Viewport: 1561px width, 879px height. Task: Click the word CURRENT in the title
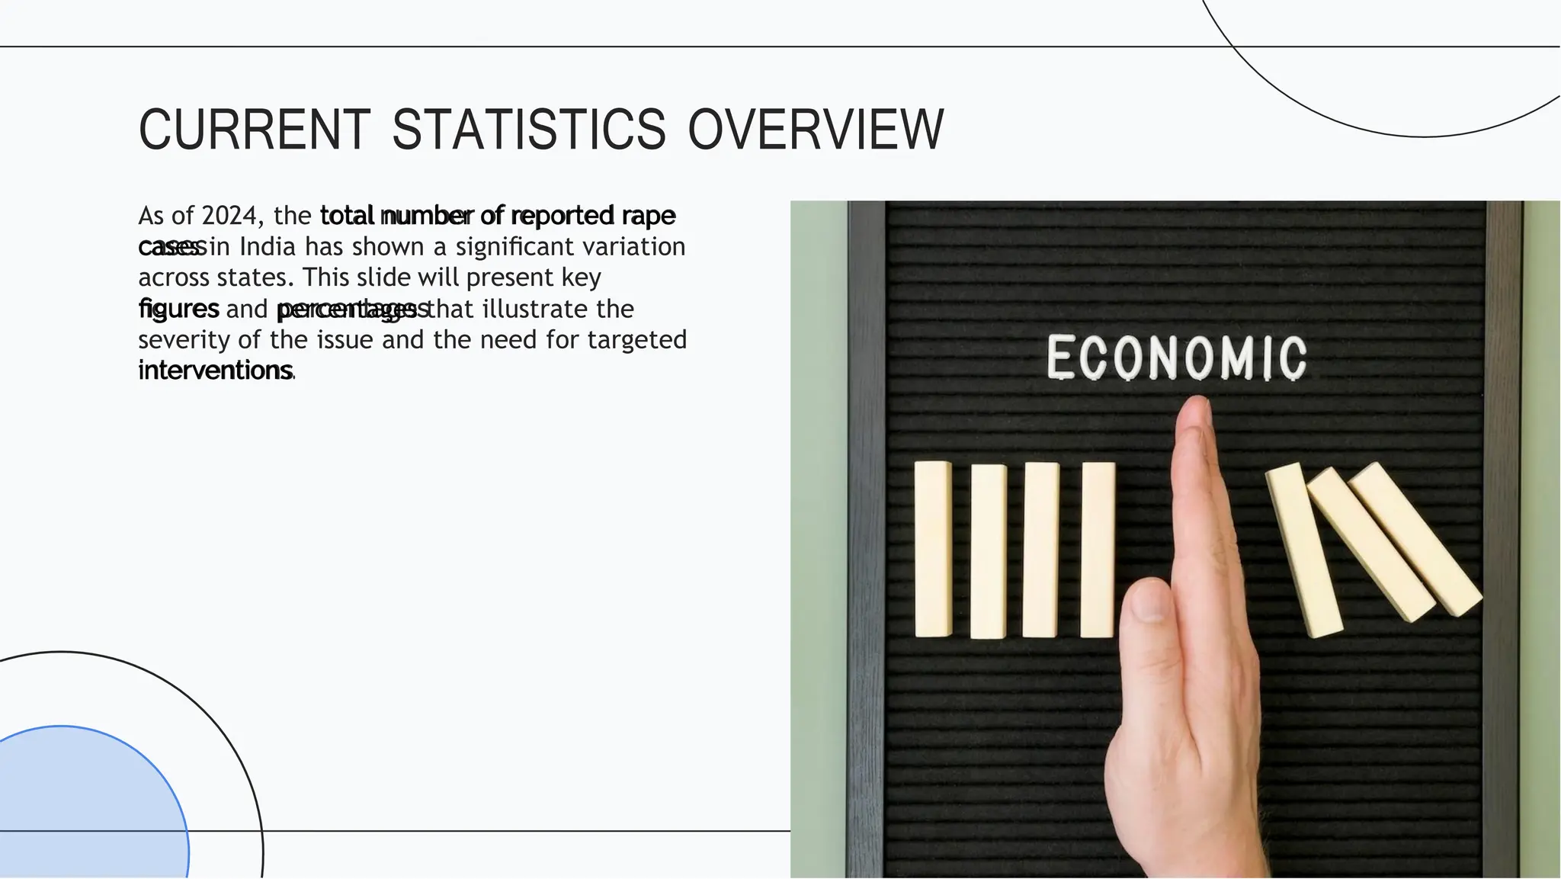(x=254, y=130)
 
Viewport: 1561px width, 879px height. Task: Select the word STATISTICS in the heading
(x=529, y=130)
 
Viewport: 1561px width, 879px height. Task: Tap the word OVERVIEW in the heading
(x=816, y=130)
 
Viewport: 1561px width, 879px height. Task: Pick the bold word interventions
(x=215, y=371)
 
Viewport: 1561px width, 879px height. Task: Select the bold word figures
(x=178, y=309)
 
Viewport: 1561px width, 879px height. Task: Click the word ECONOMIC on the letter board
(x=1176, y=358)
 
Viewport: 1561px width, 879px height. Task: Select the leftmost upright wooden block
(x=933, y=548)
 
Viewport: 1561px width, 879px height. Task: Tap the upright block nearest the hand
(x=1098, y=550)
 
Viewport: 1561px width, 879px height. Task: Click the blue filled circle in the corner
(x=84, y=808)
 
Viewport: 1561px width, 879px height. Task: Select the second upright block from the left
(x=988, y=551)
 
